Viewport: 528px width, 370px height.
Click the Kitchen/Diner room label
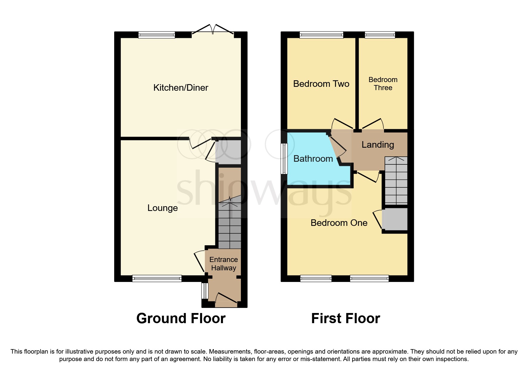point(181,88)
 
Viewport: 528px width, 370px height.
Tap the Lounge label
point(162,208)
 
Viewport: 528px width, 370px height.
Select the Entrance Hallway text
point(224,264)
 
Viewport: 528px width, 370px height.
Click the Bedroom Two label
point(321,84)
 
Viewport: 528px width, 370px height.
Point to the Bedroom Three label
point(383,84)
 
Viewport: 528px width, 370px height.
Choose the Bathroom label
point(313,159)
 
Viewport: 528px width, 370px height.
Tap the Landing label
point(378,145)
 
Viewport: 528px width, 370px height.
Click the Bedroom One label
point(339,223)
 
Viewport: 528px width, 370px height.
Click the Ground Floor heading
point(181,318)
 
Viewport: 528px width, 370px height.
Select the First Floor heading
point(346,318)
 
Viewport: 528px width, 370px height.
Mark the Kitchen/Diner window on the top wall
point(157,35)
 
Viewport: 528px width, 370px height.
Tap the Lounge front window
point(157,279)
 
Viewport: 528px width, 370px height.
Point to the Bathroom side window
point(284,158)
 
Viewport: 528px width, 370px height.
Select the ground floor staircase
point(230,222)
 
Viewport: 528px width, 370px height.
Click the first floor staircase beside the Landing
point(396,181)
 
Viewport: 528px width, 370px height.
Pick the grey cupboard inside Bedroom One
point(395,219)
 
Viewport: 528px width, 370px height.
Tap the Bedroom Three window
point(380,35)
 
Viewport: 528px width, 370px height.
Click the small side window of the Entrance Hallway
point(205,291)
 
